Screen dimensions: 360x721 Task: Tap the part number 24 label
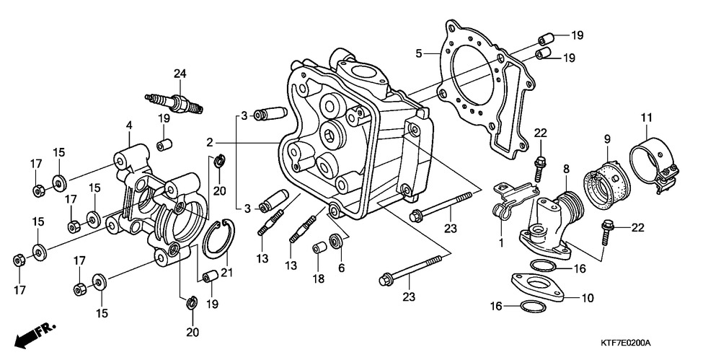pos(180,73)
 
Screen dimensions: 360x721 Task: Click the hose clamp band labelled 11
pos(653,157)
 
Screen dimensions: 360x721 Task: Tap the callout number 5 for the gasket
pos(418,53)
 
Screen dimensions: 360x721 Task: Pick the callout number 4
pos(129,126)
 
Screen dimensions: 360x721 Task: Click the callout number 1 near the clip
pos(500,243)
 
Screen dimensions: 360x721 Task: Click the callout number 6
pos(341,267)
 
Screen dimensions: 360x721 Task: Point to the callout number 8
pos(567,169)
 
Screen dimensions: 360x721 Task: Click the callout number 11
pos(646,118)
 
